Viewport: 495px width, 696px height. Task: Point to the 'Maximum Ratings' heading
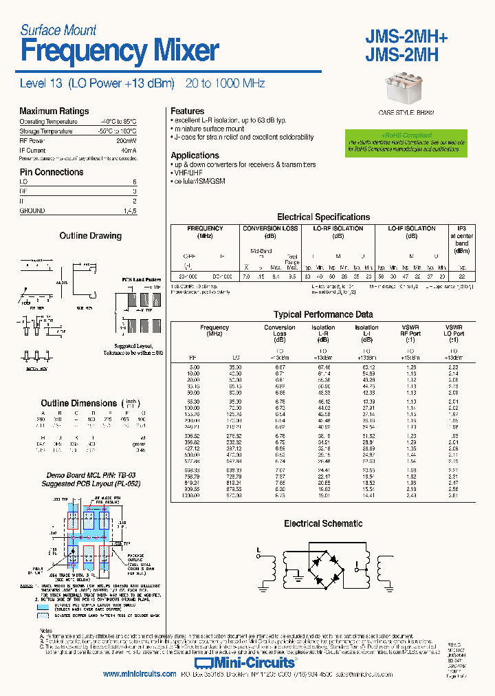click(54, 111)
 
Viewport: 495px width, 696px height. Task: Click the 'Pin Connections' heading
click(51, 172)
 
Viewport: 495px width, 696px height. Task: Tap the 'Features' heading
click(187, 111)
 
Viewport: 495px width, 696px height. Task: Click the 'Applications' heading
click(195, 155)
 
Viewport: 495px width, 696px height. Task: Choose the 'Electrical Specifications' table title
click(323, 217)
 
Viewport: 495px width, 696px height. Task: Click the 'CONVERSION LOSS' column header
click(271, 228)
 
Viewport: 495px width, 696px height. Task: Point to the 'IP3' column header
click(462, 228)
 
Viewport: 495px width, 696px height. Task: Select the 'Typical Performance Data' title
click(323, 314)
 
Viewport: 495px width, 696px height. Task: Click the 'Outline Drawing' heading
click(90, 236)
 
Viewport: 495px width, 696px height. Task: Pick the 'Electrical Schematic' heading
click(323, 524)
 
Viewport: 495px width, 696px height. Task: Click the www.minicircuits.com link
click(140, 675)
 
